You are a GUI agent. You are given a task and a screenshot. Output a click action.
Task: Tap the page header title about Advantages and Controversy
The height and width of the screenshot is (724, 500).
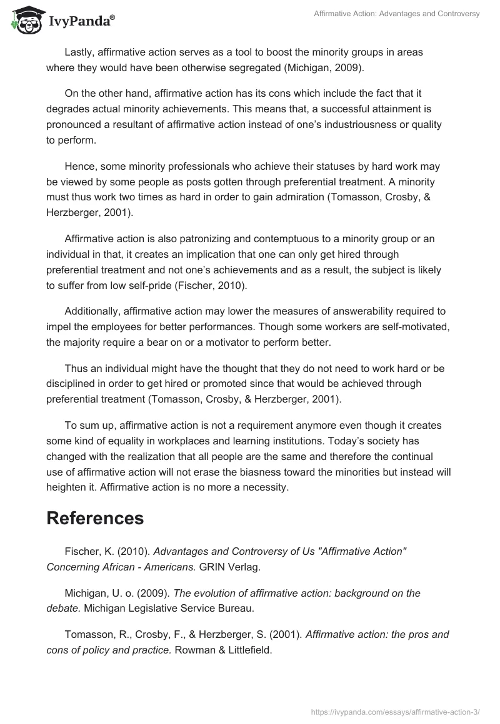[396, 14]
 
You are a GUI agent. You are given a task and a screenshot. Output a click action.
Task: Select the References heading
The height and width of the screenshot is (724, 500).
[95, 517]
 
